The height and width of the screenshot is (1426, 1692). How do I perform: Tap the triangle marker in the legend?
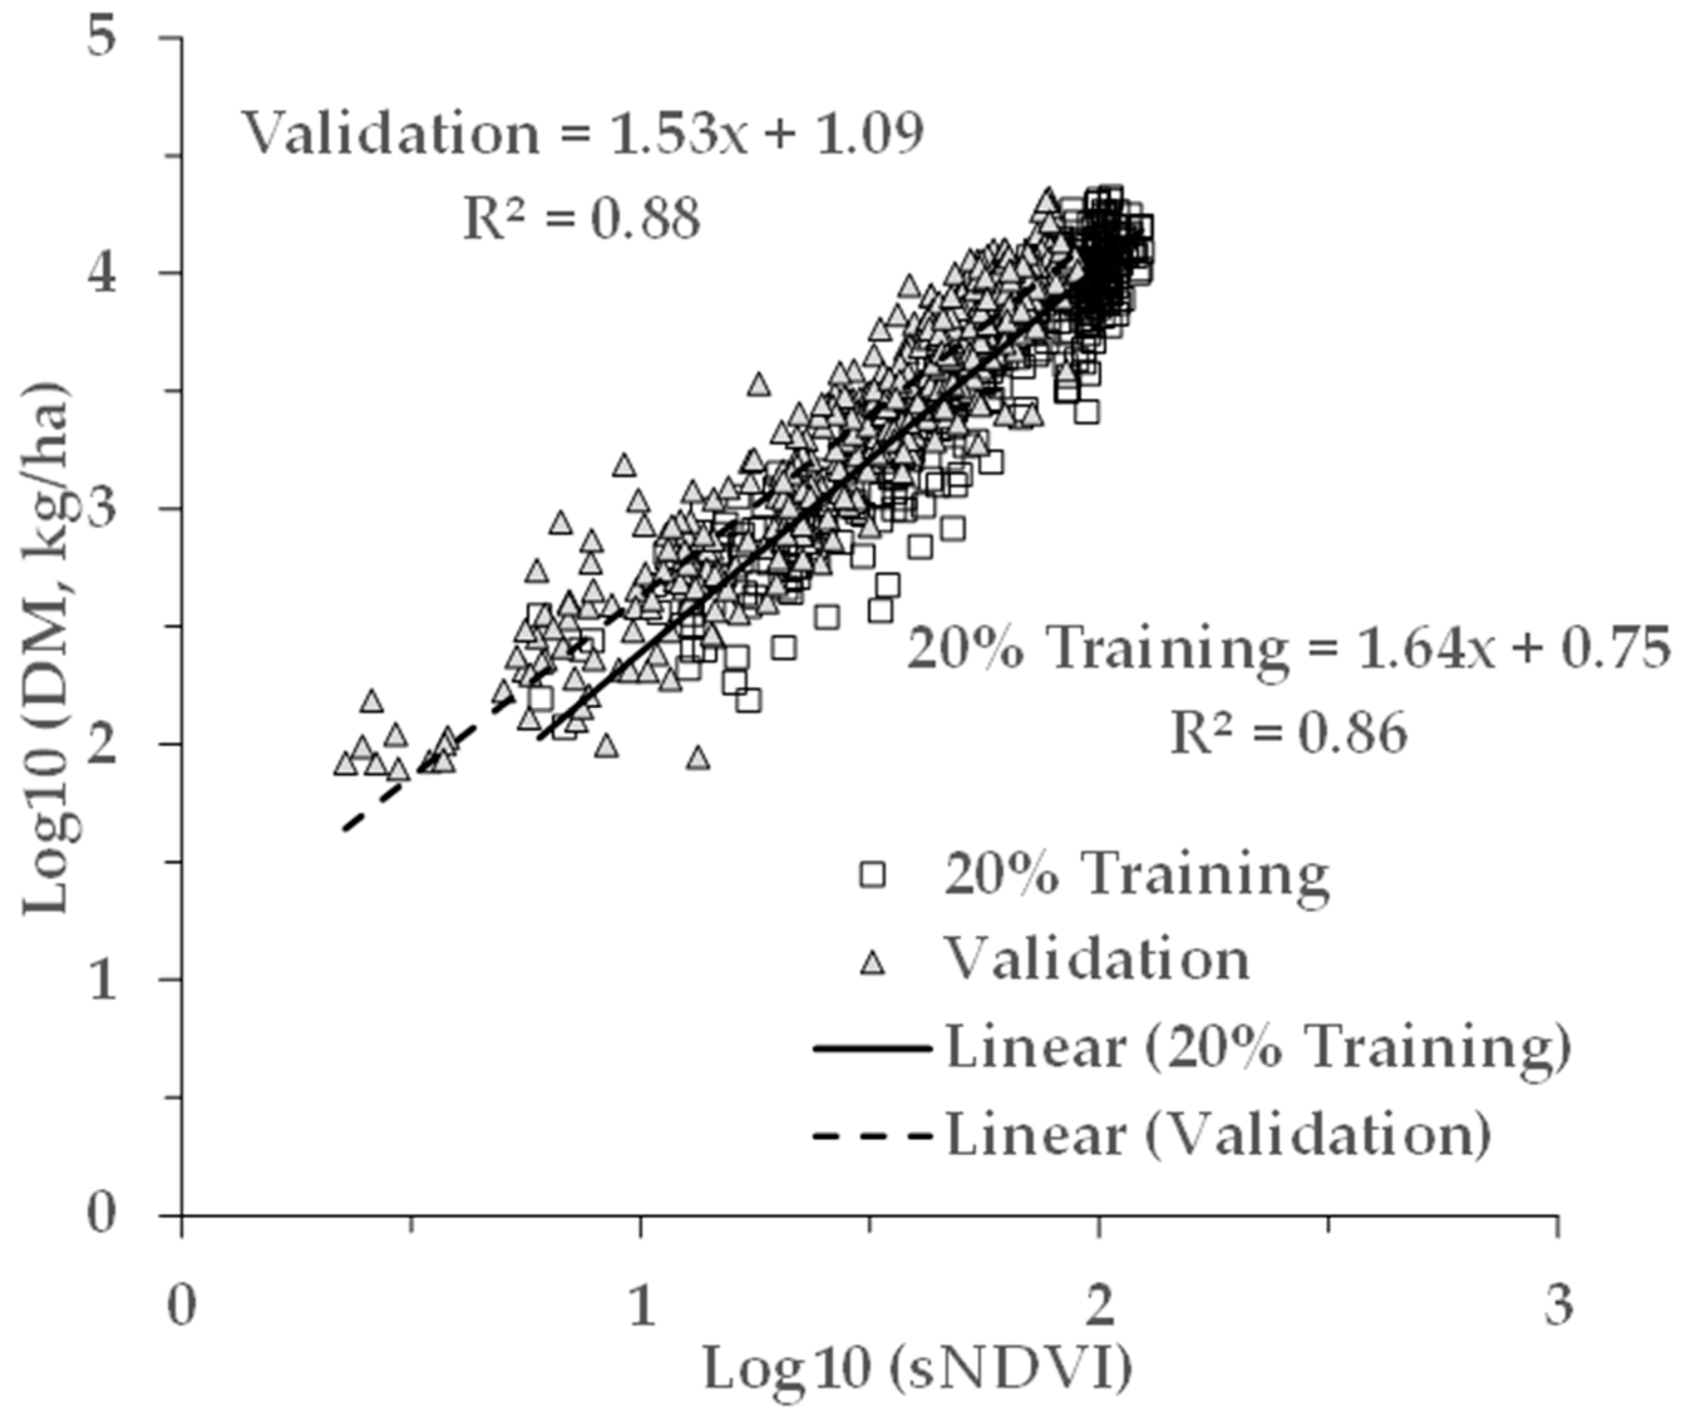(x=873, y=962)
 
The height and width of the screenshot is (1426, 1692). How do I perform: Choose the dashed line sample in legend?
(x=873, y=1136)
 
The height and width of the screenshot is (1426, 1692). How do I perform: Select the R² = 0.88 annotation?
(x=581, y=218)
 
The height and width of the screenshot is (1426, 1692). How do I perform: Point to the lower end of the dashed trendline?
(x=345, y=828)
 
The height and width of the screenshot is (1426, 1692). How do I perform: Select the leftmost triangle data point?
(x=345, y=764)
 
